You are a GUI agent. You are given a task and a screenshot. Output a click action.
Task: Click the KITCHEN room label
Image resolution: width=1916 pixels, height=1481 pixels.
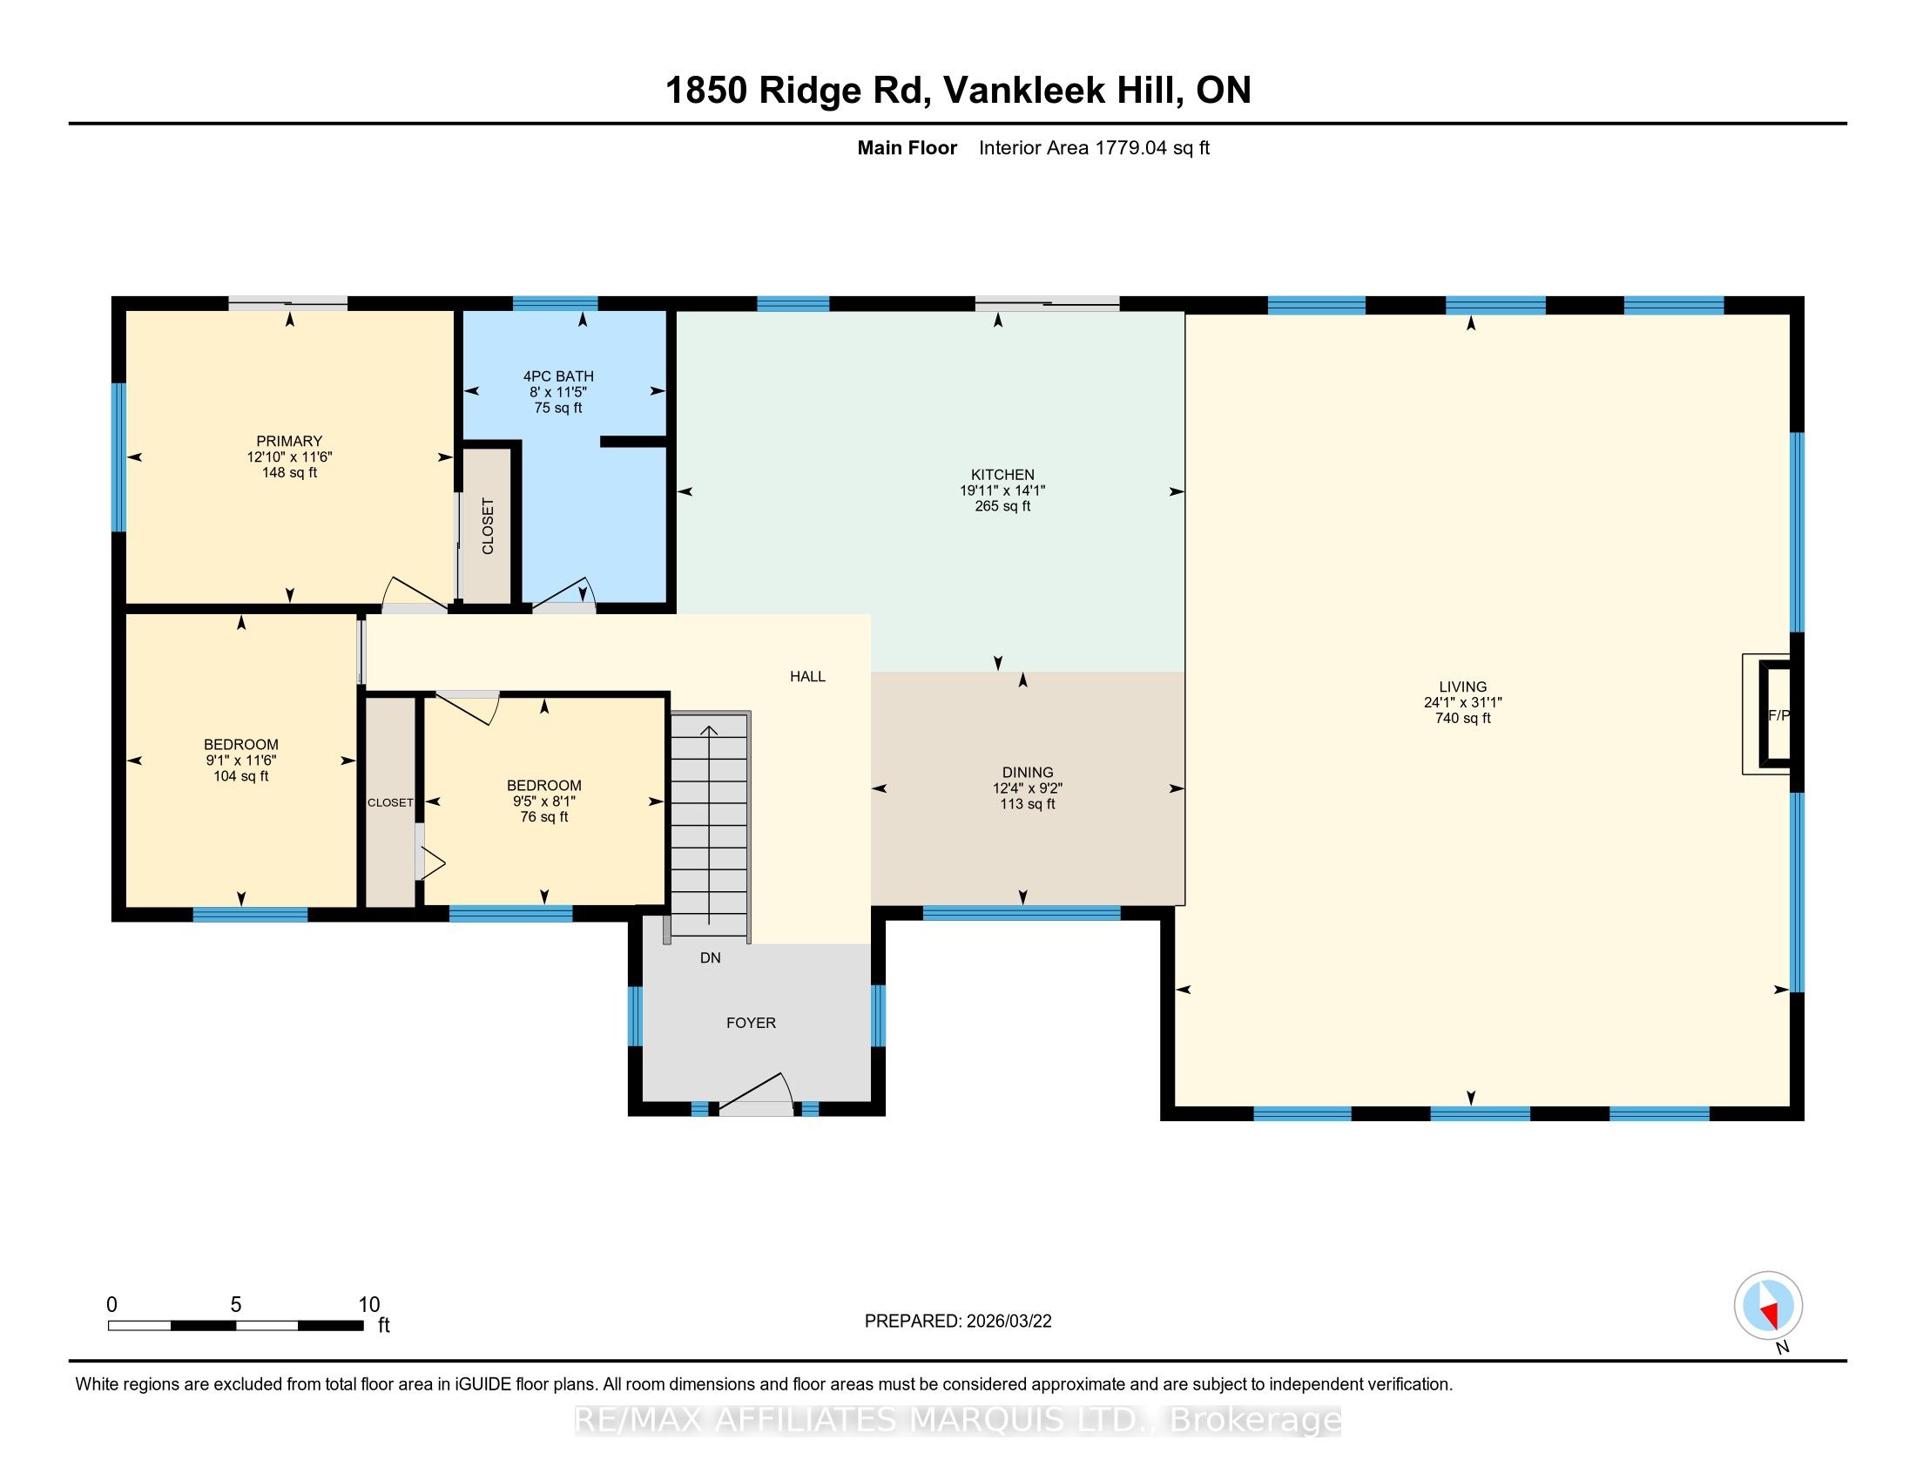[1002, 475]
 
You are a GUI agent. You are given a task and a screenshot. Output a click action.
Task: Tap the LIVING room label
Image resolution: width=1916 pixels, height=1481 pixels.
[1462, 687]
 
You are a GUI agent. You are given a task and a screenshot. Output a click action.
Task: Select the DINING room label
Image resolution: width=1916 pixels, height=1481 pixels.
[1028, 773]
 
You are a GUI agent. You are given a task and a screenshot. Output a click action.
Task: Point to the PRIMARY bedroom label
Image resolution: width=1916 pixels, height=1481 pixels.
[289, 442]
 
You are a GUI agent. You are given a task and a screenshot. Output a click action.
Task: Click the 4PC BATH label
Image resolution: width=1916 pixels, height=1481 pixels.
[558, 376]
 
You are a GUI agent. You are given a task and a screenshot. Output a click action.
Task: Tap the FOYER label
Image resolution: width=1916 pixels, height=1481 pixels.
[751, 1023]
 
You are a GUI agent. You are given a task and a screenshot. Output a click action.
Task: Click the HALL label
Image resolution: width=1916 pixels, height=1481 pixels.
[807, 676]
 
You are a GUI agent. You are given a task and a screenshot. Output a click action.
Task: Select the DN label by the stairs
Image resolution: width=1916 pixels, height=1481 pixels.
[711, 958]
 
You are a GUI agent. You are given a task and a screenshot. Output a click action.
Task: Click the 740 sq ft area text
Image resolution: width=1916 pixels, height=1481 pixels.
[1462, 719]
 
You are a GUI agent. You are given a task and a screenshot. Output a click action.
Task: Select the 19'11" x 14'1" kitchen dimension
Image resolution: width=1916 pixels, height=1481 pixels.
[1002, 490]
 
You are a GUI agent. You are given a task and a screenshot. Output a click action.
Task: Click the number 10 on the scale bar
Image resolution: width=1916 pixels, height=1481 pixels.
[369, 1305]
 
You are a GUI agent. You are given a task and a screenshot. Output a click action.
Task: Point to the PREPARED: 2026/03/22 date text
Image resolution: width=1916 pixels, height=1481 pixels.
[958, 1322]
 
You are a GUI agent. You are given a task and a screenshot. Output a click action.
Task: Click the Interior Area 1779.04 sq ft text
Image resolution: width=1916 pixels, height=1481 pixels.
[1094, 148]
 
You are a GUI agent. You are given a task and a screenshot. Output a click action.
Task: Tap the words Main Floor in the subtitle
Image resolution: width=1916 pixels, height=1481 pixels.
[907, 148]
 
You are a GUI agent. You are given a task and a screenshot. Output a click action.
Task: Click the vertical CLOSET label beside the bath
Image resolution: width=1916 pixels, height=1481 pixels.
[488, 526]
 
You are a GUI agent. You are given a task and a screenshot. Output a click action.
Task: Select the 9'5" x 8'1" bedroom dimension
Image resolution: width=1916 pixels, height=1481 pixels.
[544, 801]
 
